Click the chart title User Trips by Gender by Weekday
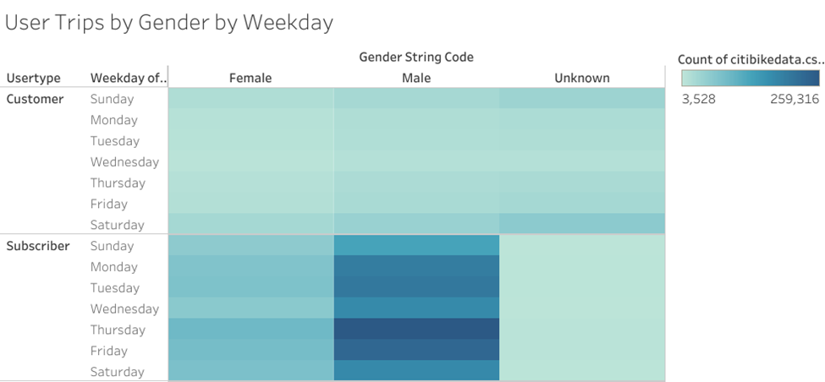click(169, 23)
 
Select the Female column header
click(250, 78)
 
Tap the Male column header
click(416, 78)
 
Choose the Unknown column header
click(582, 78)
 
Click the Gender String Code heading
click(416, 57)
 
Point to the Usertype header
click(34, 79)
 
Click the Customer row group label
click(35, 99)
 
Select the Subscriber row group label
click(38, 246)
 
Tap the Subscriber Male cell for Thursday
click(416, 330)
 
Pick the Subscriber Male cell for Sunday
click(416, 246)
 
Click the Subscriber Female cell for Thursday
click(251, 330)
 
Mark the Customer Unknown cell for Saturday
click(582, 224)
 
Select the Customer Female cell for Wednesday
click(251, 161)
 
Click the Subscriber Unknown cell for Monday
click(582, 267)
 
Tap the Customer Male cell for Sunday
click(416, 99)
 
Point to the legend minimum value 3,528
click(699, 99)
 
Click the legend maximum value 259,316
click(795, 99)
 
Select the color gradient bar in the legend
click(751, 79)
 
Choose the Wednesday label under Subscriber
click(124, 309)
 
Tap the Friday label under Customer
click(109, 204)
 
